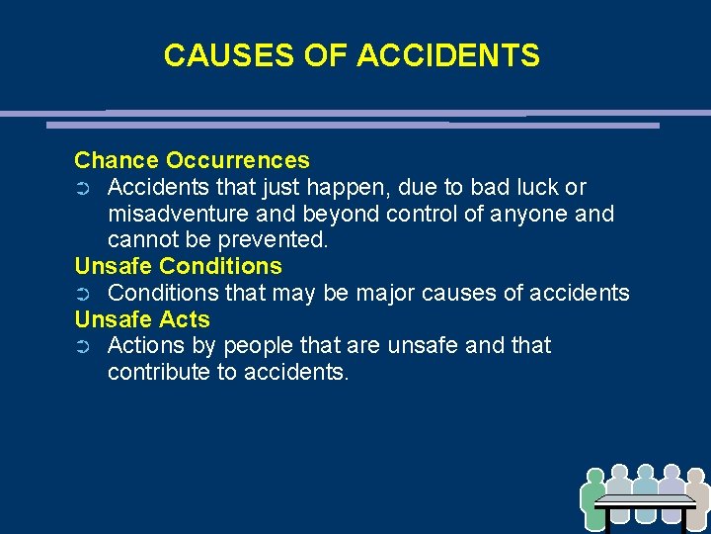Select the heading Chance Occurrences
pos(192,160)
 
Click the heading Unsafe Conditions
pos(178,266)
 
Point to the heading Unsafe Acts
pos(142,319)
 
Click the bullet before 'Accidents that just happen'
pos(83,188)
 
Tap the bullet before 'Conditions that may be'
pos(83,294)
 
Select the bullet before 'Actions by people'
pos(83,347)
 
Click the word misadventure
pos(178,214)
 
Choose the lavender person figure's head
pos(671,473)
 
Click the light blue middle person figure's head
pos(645,473)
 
